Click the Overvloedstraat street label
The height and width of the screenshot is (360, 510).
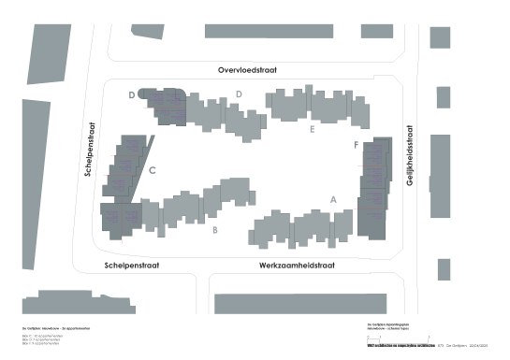[x=249, y=70]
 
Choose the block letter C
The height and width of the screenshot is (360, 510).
[x=152, y=170]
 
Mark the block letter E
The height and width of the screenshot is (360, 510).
[x=311, y=130]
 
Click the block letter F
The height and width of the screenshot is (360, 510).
[x=356, y=146]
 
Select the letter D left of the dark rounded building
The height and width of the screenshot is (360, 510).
[x=132, y=95]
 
